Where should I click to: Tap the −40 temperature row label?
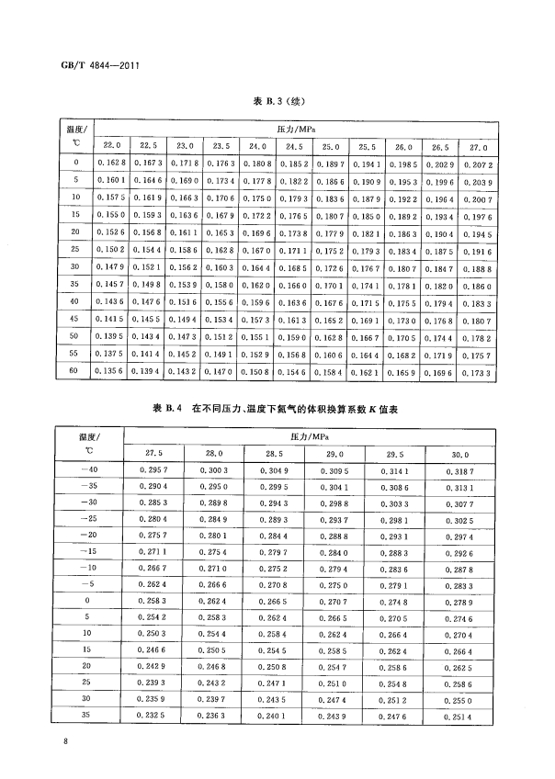tap(88, 470)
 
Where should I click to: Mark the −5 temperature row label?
tap(88, 585)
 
